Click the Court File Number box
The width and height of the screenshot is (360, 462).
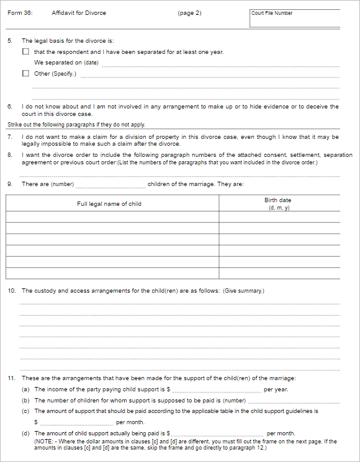[x=295, y=18]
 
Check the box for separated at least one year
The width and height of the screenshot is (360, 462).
[x=25, y=52]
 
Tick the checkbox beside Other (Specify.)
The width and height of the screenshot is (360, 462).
[x=25, y=74]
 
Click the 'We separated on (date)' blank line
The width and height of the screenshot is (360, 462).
[x=220, y=63]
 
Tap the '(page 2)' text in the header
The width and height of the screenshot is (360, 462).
[x=189, y=13]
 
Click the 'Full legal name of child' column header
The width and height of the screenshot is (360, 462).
[x=109, y=204]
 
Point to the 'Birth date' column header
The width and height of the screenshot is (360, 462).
[x=277, y=201]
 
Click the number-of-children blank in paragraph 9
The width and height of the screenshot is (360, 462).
[x=110, y=185]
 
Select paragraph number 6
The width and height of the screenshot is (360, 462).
[x=9, y=107]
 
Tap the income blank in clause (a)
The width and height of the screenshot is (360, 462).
[x=217, y=390]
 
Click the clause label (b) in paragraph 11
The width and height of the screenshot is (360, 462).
[x=25, y=401]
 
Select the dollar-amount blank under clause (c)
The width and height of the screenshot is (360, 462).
[x=76, y=422]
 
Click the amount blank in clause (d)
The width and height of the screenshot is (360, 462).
[x=217, y=433]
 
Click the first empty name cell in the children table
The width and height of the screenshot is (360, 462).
[x=112, y=217]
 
